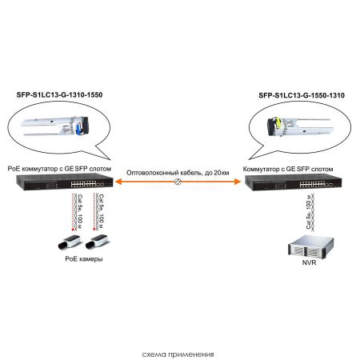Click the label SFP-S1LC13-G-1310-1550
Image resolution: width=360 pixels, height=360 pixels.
point(59,94)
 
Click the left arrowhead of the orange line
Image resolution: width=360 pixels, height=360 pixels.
point(114,182)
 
